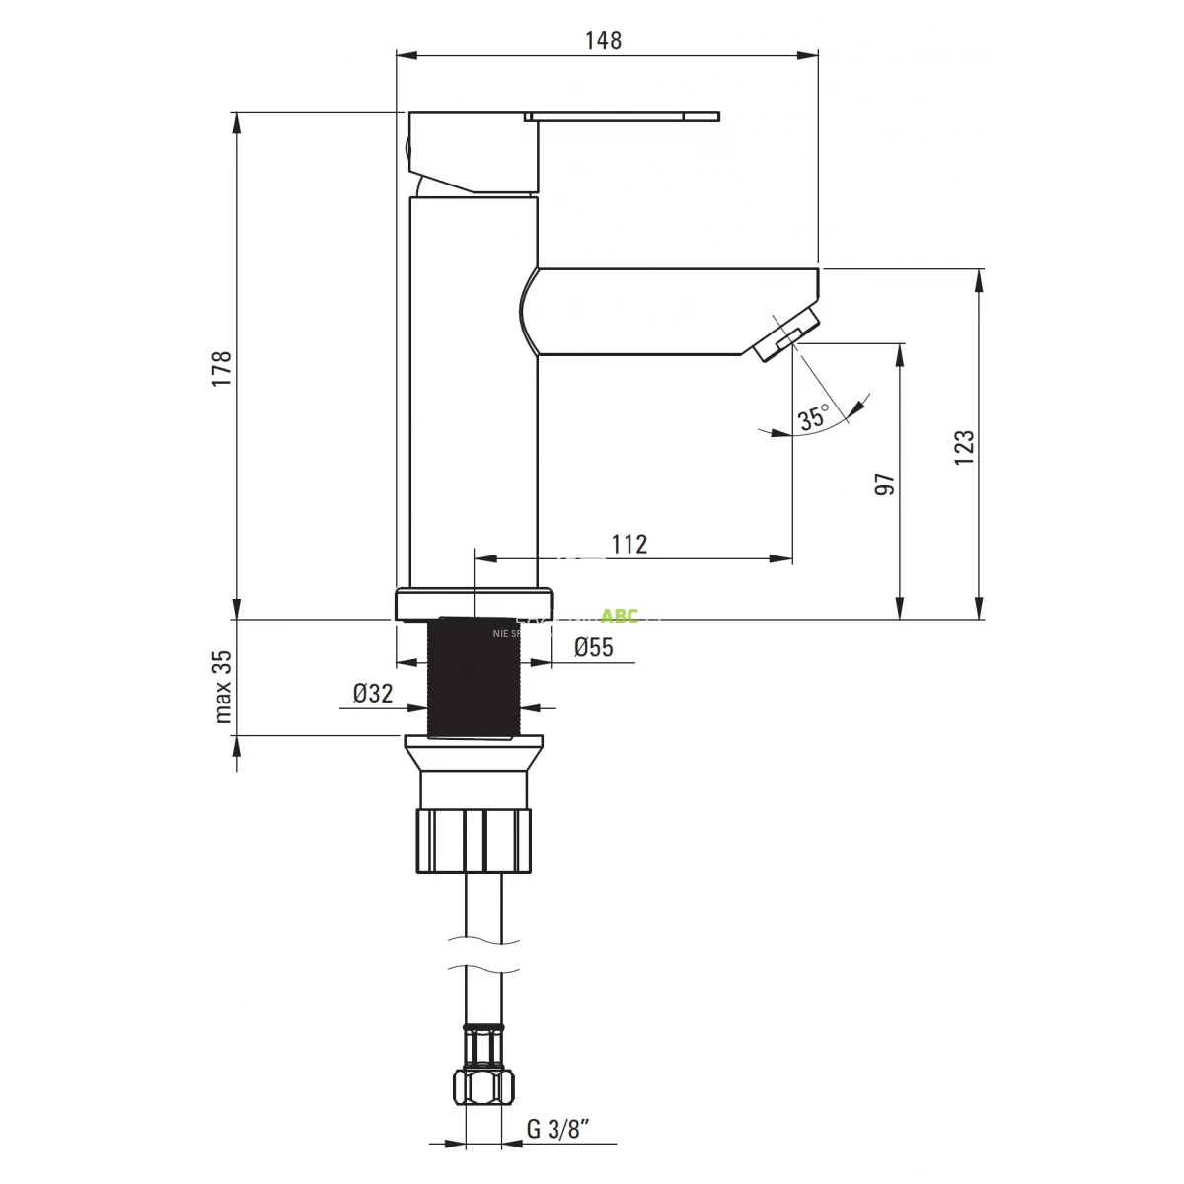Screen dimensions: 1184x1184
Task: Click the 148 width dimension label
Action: [603, 40]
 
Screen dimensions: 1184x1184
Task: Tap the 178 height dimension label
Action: [222, 368]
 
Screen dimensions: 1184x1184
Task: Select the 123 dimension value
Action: [964, 447]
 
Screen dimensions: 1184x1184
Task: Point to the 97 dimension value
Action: [885, 483]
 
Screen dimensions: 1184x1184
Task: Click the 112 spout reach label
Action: [629, 544]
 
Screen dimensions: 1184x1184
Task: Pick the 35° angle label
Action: [814, 418]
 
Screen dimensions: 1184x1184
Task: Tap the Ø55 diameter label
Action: [593, 647]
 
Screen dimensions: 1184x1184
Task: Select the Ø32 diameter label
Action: [373, 694]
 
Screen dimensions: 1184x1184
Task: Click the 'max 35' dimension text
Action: [222, 686]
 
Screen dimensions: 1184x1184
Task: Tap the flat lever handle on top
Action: [622, 116]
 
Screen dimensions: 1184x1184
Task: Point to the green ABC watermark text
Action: [620, 617]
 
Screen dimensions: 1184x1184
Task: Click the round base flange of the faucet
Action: [474, 604]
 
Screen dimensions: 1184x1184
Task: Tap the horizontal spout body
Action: [671, 311]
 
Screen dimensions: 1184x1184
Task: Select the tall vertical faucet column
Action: [474, 395]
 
